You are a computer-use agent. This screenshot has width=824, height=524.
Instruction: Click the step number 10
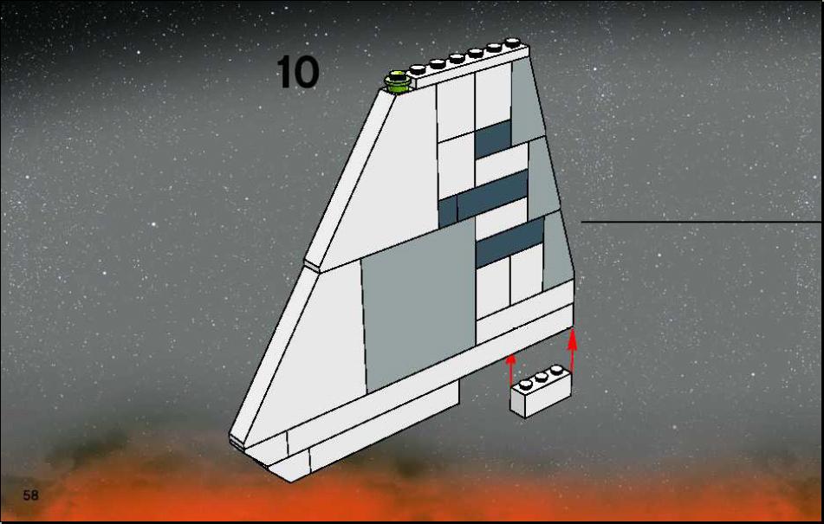coord(297,72)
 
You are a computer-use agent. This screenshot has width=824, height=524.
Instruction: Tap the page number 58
coord(30,495)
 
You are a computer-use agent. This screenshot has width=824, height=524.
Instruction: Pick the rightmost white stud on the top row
coord(512,42)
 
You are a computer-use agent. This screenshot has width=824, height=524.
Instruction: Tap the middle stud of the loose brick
coord(542,377)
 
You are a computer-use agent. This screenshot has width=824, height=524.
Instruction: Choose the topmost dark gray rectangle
coord(493,139)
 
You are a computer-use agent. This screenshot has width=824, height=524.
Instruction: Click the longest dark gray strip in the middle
coord(492,195)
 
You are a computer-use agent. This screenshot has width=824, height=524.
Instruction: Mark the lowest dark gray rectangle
coord(509,242)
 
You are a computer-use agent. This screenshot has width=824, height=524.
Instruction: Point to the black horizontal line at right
coord(701,222)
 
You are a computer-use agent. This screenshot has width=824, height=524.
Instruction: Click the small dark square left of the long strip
coord(448,211)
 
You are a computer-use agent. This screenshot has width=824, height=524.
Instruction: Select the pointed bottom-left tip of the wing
coord(230,440)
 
